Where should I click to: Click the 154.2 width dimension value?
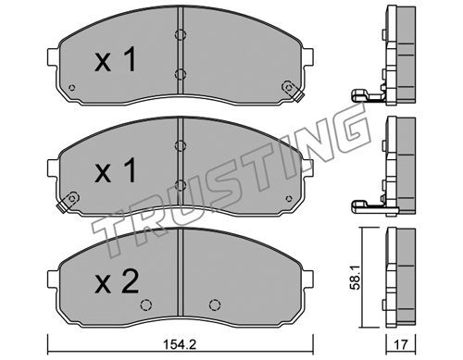(180, 344)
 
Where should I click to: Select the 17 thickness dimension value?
(401, 344)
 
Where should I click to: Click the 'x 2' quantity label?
(117, 281)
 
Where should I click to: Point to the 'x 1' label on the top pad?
(115, 59)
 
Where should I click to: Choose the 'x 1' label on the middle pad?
(115, 170)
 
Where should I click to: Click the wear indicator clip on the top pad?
(293, 91)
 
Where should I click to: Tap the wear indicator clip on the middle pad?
(68, 202)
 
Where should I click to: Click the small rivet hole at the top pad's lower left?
(71, 88)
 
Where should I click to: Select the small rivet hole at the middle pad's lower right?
(289, 198)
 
